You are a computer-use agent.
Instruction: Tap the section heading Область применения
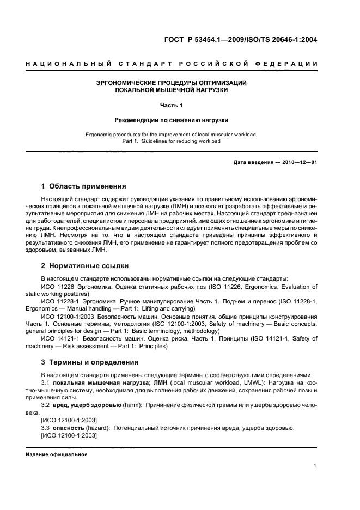coord(88,186)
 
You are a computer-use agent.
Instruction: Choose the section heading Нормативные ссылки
coord(89,266)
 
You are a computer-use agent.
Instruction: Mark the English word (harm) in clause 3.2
coord(131,405)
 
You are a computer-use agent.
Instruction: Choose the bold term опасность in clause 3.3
coord(71,428)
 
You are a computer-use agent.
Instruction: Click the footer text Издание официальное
coord(57,454)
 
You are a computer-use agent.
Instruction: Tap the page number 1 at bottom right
coord(315,465)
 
